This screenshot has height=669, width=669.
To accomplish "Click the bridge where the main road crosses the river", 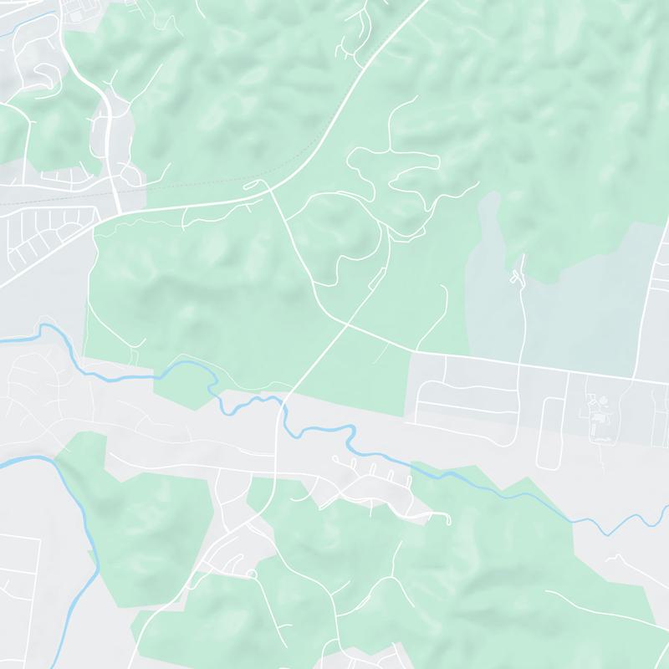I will [x=282, y=409].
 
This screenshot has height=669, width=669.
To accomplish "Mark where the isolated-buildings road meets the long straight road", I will [x=519, y=363].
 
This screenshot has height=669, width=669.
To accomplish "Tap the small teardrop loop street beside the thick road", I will [x=130, y=176].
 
